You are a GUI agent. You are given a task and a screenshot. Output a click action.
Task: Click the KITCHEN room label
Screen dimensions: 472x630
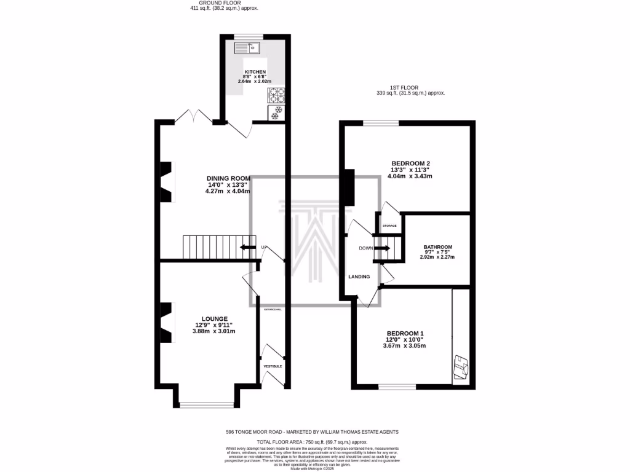(x=255, y=72)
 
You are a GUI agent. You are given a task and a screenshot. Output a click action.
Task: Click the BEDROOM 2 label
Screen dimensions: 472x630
(x=412, y=163)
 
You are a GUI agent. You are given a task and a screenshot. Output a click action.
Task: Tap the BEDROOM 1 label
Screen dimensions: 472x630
(x=404, y=332)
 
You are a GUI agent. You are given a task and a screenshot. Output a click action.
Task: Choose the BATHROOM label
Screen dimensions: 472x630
(x=438, y=247)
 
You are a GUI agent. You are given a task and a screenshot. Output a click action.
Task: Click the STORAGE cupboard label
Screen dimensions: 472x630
(x=390, y=226)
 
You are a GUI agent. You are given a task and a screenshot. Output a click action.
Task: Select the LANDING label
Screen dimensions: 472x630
(x=359, y=277)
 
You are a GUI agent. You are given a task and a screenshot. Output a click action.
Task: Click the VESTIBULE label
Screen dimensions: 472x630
(x=273, y=366)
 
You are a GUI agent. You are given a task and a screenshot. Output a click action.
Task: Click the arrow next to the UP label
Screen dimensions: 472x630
(x=248, y=247)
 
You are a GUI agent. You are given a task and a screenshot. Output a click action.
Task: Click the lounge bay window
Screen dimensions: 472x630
(x=207, y=404)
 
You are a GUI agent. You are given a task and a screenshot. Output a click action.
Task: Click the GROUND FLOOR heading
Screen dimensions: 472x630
(x=224, y=2)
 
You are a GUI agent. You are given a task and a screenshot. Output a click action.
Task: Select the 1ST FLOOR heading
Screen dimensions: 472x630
(x=410, y=88)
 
